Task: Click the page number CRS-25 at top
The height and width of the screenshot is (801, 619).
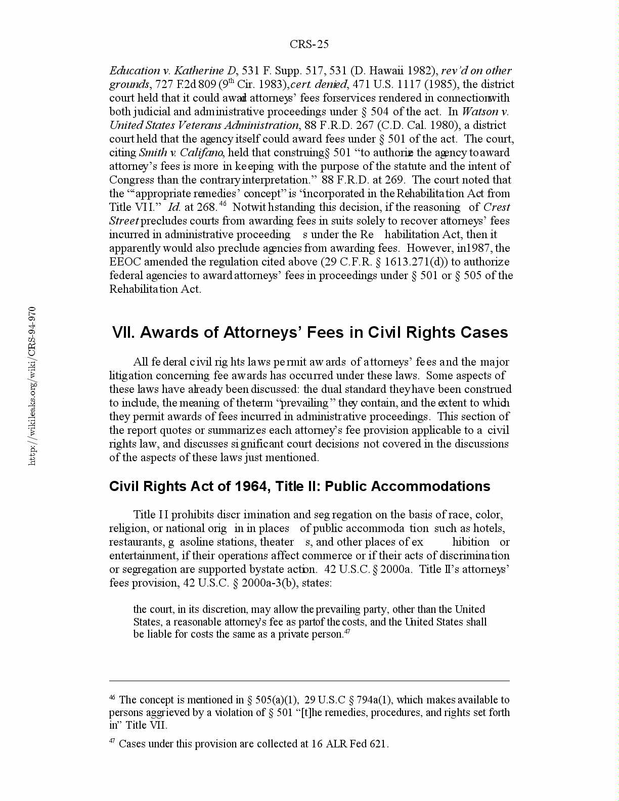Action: [x=309, y=45]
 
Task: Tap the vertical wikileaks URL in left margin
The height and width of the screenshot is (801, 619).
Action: [x=32, y=386]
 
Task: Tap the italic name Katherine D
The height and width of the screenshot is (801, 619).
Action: [x=205, y=71]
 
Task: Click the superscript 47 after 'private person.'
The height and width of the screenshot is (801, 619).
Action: [x=347, y=632]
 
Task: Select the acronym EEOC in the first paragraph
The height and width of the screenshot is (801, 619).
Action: [x=125, y=262]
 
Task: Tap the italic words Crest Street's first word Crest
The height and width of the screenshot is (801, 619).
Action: [x=497, y=207]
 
